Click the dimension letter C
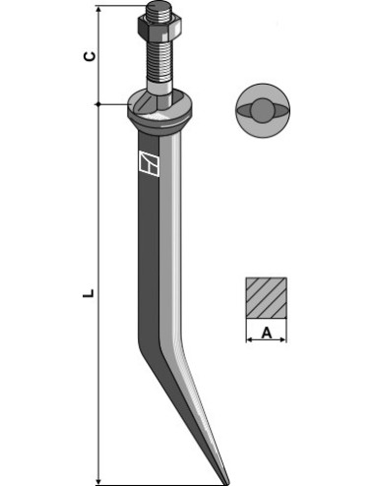[x=90, y=56]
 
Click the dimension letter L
[x=89, y=293]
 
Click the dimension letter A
[x=267, y=334]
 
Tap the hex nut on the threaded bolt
[x=159, y=28]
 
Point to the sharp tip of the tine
[x=227, y=484]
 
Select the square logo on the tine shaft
[x=149, y=163]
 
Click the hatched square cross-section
[x=266, y=298]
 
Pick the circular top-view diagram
[x=263, y=110]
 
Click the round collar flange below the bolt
[x=159, y=111]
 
